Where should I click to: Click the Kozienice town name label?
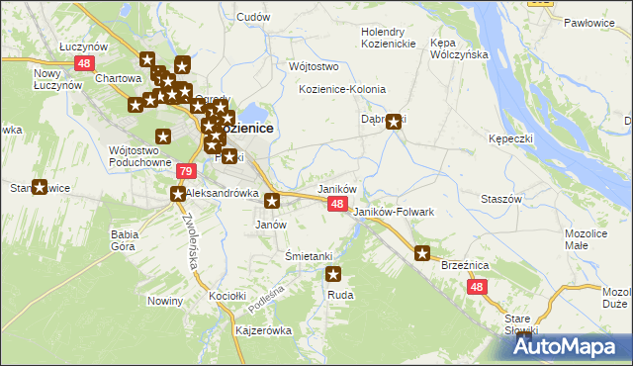(x=245, y=128)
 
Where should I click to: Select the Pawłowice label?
(x=589, y=21)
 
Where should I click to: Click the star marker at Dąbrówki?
(x=395, y=123)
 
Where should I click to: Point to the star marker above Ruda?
(x=333, y=275)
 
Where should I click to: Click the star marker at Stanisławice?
(x=40, y=187)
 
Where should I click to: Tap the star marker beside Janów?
(x=272, y=202)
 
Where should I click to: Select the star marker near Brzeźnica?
(x=422, y=253)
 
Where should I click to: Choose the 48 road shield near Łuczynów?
(x=83, y=63)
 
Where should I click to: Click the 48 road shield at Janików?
(x=337, y=204)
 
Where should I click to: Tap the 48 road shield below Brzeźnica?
(x=478, y=287)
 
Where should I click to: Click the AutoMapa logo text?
(x=575, y=346)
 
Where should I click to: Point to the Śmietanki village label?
(x=308, y=255)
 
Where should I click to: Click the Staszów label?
(x=501, y=199)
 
